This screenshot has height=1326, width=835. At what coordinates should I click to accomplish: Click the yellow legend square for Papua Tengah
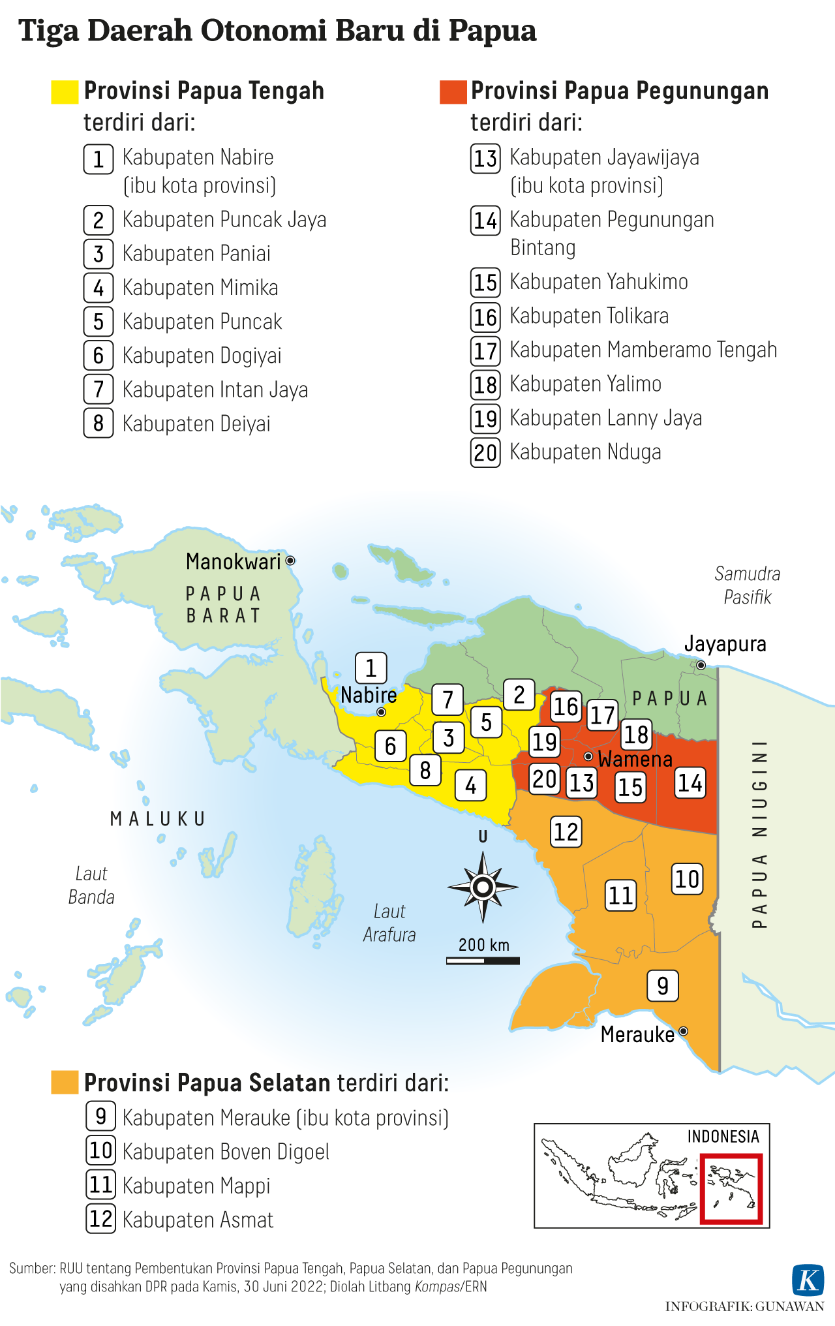pos(65,92)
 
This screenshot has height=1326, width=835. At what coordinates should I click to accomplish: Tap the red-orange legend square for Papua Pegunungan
pos(453,92)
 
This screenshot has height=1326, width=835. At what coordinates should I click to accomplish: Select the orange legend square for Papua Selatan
pos(65,1082)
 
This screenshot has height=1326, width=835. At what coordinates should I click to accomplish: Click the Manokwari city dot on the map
pos(290,561)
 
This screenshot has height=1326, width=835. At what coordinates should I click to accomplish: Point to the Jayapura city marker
pos(701,665)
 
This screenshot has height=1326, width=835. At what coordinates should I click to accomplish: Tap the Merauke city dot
pos(683,1031)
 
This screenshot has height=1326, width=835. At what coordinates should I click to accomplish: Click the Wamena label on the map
pos(635,759)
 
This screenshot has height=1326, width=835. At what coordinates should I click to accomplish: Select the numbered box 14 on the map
pos(690,782)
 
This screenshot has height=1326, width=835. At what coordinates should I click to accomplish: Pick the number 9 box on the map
pos(662,985)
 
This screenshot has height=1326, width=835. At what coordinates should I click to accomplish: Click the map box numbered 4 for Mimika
pos(470,786)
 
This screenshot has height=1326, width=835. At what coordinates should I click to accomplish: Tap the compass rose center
pos(483,887)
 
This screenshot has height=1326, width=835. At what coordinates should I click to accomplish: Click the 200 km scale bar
pos(483,961)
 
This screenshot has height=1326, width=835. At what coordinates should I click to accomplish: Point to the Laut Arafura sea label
pos(389,923)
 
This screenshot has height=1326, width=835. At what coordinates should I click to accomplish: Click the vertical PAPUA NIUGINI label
pos(759,833)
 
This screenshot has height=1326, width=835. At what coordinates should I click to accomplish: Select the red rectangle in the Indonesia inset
pos(731,1188)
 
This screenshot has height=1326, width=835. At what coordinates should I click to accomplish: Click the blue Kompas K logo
pos(808,1280)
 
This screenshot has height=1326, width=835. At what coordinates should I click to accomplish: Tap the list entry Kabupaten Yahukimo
pos(598,282)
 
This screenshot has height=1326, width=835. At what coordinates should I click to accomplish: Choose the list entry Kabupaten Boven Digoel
pos(226,1152)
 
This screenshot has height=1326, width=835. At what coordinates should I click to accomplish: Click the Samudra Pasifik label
pos(748,585)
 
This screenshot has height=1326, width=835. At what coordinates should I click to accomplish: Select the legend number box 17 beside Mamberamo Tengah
pos(485,351)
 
